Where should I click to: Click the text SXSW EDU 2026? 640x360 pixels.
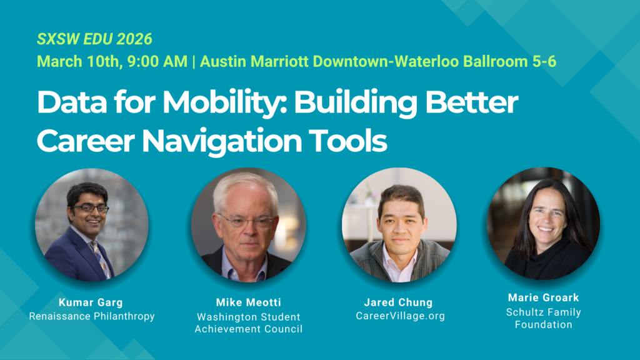pos(94,39)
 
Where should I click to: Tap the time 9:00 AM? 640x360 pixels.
pos(157,62)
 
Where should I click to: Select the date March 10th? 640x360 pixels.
pos(79,62)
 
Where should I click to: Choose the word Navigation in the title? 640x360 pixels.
pos(222,141)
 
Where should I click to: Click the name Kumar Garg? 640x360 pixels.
pos(91,302)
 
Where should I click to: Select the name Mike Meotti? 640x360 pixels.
pos(249,302)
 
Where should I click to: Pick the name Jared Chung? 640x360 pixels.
pos(398,302)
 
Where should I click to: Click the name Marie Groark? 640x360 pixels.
pos(544,297)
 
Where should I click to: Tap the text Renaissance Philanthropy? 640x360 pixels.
pos(92,316)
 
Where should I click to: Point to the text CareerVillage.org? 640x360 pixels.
pos(401,316)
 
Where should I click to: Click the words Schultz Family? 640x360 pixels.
pos(544,312)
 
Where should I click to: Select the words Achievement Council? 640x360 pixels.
pos(249,329)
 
